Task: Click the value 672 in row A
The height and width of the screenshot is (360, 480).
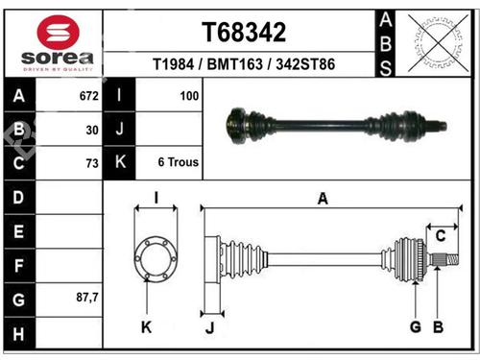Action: [87, 97]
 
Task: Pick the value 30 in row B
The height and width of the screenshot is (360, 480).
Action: [92, 130]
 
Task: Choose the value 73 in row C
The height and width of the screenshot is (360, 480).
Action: [92, 163]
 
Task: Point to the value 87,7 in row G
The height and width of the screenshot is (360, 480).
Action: [86, 298]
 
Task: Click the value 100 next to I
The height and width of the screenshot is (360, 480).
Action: [188, 97]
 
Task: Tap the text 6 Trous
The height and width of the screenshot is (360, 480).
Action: [178, 162]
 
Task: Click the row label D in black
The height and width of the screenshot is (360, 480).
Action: [19, 197]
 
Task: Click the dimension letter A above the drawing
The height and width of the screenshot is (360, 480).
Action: [323, 199]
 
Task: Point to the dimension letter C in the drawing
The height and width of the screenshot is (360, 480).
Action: [442, 235]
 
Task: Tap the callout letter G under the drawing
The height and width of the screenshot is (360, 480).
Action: [415, 327]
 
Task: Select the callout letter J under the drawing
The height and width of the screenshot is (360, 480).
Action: [208, 328]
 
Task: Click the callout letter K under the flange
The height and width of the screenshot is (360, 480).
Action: [146, 327]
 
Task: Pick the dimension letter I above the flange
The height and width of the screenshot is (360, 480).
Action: [156, 199]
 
